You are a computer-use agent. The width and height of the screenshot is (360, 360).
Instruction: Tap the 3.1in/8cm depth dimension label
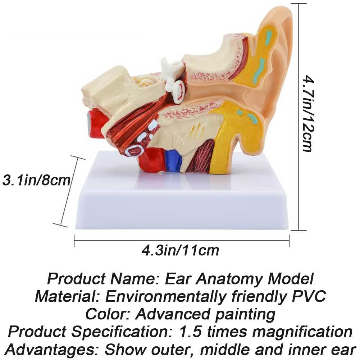tap(36, 180)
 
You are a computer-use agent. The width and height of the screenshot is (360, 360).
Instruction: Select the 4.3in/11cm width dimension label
tap(180, 250)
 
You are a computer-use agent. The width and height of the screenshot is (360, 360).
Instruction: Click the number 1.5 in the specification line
tap(191, 332)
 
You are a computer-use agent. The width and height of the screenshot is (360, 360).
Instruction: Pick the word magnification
tap(302, 332)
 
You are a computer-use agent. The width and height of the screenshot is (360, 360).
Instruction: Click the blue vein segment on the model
tap(174, 160)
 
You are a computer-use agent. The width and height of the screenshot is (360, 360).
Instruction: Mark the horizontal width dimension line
tap(182, 241)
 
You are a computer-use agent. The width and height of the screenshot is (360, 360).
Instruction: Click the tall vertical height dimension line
tap(299, 117)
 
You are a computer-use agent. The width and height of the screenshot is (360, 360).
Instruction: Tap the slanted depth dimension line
tap(69, 191)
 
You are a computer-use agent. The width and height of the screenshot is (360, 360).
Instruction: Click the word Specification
tap(120, 332)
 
